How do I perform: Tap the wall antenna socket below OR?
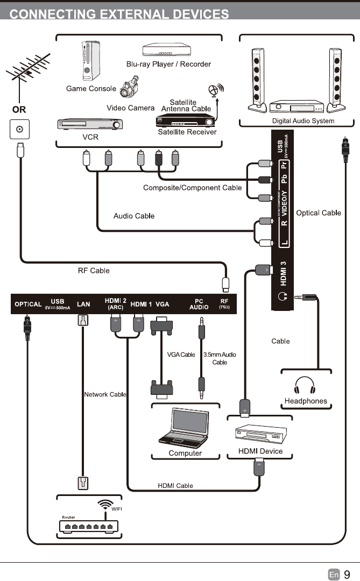tap(20, 130)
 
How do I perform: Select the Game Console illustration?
tap(87, 61)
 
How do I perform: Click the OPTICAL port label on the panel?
tap(28, 304)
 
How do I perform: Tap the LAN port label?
tap(83, 304)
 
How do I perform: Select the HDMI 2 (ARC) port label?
tap(115, 304)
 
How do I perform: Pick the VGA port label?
tap(163, 304)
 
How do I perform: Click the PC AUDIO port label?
tap(199, 304)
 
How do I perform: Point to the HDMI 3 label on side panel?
tap(283, 273)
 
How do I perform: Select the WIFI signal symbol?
tap(104, 505)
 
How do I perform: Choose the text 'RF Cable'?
tap(94, 271)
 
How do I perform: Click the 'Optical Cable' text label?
tap(319, 213)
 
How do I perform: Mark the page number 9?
tap(347, 575)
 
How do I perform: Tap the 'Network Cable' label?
tap(105, 394)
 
